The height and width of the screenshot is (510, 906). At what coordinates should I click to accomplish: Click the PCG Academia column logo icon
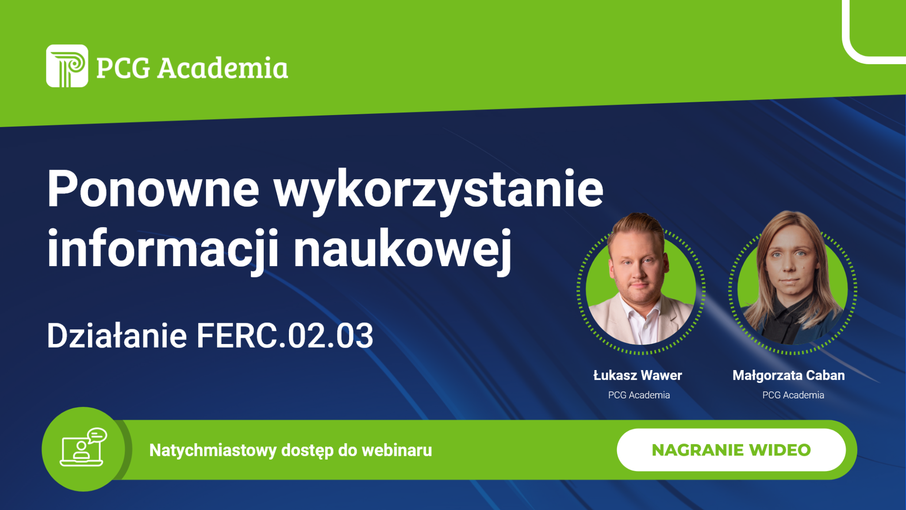pos(67,66)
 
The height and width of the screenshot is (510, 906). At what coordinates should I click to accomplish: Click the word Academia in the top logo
pos(223,68)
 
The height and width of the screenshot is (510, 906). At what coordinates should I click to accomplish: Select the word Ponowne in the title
pos(153,189)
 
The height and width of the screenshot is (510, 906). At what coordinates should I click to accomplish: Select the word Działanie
pos(117,336)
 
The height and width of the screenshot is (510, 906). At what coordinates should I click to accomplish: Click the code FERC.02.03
pos(285,336)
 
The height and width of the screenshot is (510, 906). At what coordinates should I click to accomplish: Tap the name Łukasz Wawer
pos(637,375)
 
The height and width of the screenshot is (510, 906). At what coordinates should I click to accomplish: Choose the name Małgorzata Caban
pos(789,376)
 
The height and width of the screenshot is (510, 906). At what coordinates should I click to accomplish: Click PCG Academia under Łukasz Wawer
pos(639,395)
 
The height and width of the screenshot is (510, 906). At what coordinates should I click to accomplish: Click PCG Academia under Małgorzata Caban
pos(793,395)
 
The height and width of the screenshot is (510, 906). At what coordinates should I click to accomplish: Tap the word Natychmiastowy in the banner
pos(213,450)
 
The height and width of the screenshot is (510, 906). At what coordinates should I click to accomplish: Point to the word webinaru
pos(397,450)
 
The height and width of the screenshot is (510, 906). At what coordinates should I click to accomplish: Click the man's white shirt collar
pos(641,315)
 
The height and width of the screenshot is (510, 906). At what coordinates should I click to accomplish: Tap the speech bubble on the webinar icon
pos(97,435)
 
